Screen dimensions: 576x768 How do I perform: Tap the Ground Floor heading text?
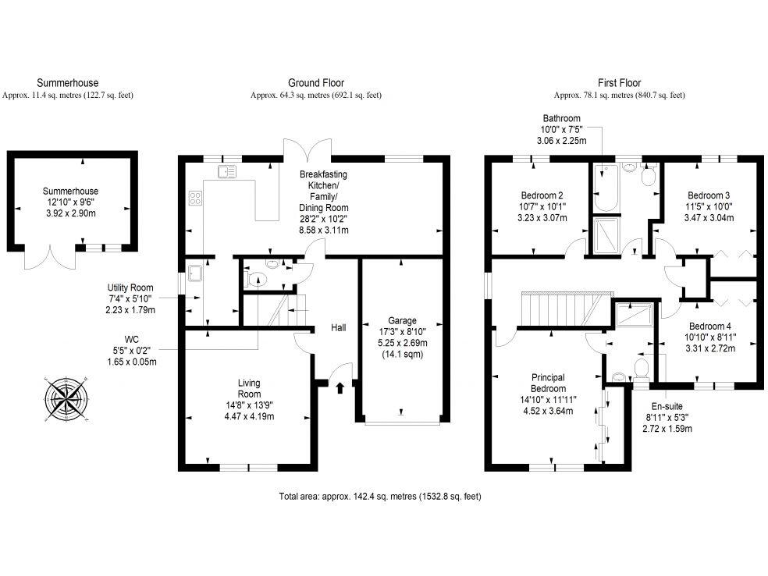317,83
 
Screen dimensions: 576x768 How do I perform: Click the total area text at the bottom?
380,496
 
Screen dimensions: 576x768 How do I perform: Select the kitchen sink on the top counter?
226,171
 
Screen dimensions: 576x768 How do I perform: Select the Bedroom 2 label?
543,206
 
